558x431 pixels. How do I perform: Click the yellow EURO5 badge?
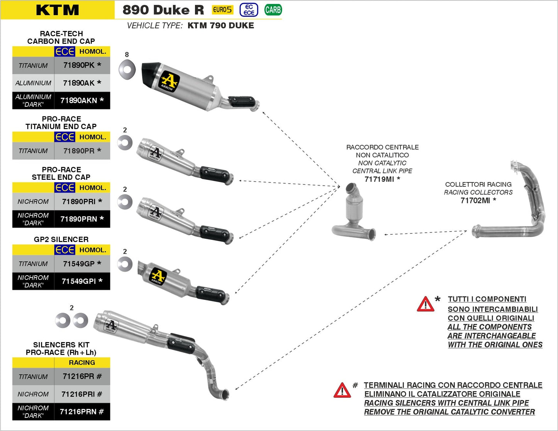click(x=222, y=10)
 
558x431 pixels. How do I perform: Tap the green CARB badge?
click(x=273, y=10)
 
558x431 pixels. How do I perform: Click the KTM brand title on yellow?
click(x=58, y=10)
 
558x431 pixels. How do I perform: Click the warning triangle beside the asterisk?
click(x=426, y=305)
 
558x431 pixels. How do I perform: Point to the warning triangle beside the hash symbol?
click(x=342, y=391)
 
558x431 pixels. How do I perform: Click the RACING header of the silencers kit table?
click(x=82, y=363)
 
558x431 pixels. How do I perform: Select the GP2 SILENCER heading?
click(x=61, y=239)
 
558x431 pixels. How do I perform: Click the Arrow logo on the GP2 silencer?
click(x=157, y=276)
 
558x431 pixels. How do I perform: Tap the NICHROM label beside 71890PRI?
click(x=33, y=201)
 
